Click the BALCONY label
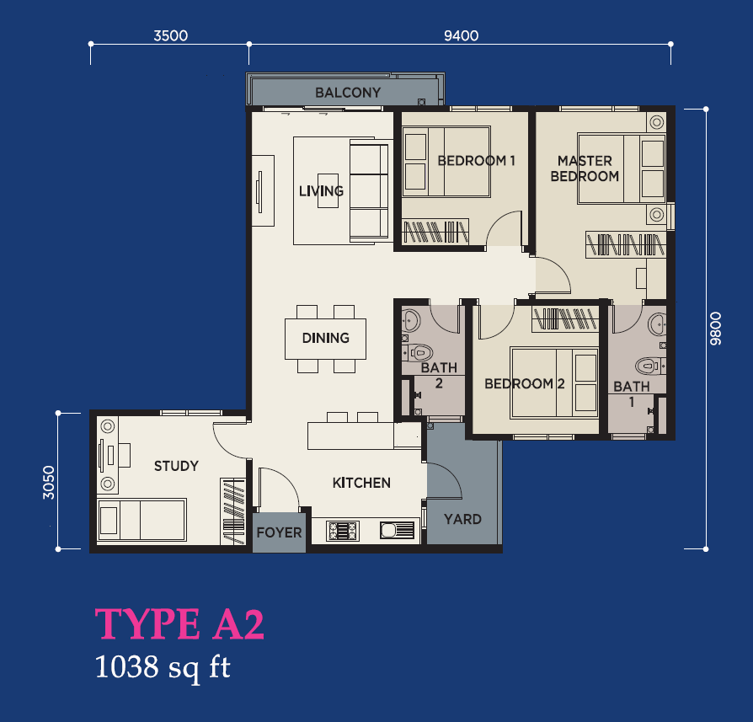point(348,92)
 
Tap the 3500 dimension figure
point(170,35)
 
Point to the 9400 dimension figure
point(461,35)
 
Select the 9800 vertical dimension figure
point(716,329)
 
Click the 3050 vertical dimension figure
point(49,482)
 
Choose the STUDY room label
point(176,466)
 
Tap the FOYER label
point(279,532)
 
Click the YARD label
point(462,519)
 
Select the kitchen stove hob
point(343,531)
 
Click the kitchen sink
point(398,530)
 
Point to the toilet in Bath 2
point(417,353)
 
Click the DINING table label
point(326,338)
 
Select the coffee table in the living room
point(328,190)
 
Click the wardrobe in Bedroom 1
point(435,232)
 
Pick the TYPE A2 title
point(179,623)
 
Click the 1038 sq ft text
point(163,667)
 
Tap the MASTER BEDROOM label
point(585,168)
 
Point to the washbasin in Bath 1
point(658,324)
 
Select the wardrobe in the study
point(233,511)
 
